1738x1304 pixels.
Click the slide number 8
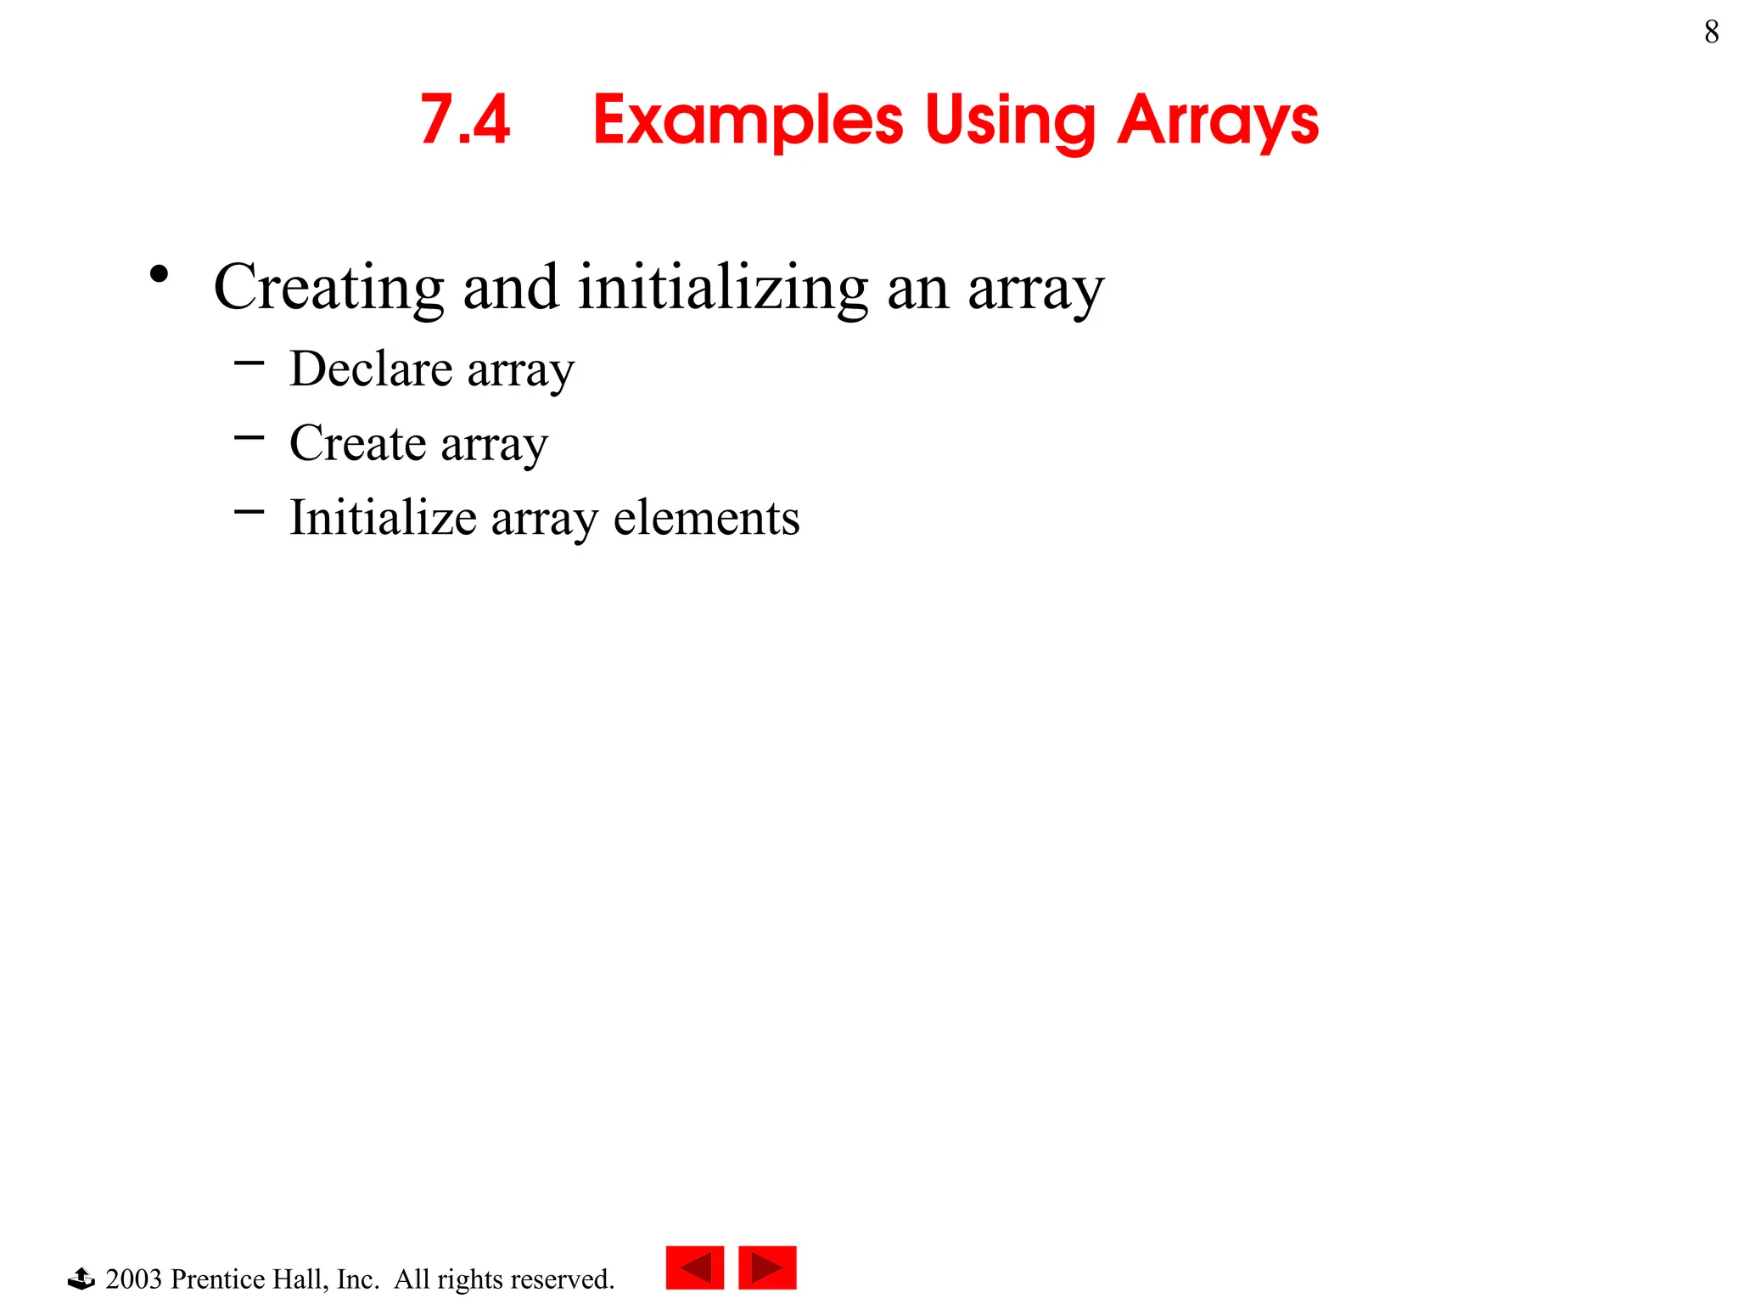(1711, 32)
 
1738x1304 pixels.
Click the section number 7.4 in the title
(465, 120)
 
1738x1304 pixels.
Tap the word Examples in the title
(748, 120)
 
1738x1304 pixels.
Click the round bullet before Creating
(159, 274)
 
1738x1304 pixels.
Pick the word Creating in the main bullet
(328, 287)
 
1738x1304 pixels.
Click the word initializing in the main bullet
(723, 287)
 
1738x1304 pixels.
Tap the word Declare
(370, 368)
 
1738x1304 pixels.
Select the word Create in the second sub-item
(357, 443)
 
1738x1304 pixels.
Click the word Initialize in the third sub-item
(383, 517)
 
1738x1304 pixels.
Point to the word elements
(706, 517)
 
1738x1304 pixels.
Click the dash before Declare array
(249, 363)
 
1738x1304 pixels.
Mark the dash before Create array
(249, 438)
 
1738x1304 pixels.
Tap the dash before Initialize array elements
(249, 512)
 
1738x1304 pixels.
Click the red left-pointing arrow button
(694, 1267)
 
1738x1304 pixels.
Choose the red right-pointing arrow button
(767, 1267)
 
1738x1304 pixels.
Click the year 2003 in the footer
(133, 1279)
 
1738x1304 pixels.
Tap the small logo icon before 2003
(81, 1278)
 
